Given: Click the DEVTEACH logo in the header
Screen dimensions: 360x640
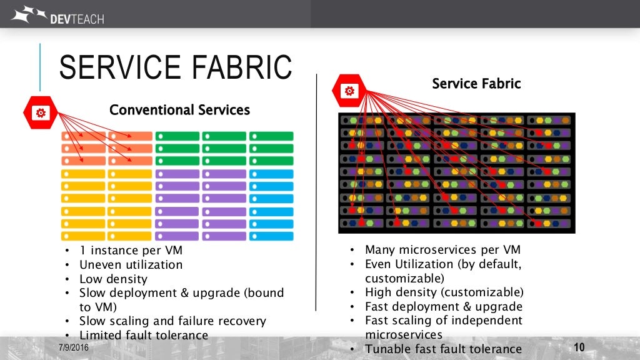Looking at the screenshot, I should click(x=57, y=14).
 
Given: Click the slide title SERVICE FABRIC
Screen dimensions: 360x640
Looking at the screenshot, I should click(x=175, y=67).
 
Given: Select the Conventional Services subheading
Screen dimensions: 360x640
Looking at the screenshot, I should click(x=179, y=110).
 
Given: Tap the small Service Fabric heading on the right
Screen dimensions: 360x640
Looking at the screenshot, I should click(x=476, y=83).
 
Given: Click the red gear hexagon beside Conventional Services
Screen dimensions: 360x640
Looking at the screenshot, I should click(x=41, y=113).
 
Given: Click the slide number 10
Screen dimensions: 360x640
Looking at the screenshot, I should click(x=578, y=347).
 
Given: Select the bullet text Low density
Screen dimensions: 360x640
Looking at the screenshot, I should click(x=113, y=279).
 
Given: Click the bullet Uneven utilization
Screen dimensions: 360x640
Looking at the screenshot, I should click(x=131, y=264).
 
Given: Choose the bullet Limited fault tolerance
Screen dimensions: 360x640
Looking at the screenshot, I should click(x=143, y=335).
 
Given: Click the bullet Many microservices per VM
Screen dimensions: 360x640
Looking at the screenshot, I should click(x=443, y=250).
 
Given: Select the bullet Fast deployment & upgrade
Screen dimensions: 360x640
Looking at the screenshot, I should click(x=443, y=306).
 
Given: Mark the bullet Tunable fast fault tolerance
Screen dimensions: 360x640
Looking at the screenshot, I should click(x=443, y=349).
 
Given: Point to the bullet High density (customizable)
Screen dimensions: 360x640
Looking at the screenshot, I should click(x=444, y=292).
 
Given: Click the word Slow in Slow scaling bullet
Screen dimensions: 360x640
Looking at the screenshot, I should click(x=93, y=321).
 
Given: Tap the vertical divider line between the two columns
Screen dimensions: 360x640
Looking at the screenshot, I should click(x=316, y=187).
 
